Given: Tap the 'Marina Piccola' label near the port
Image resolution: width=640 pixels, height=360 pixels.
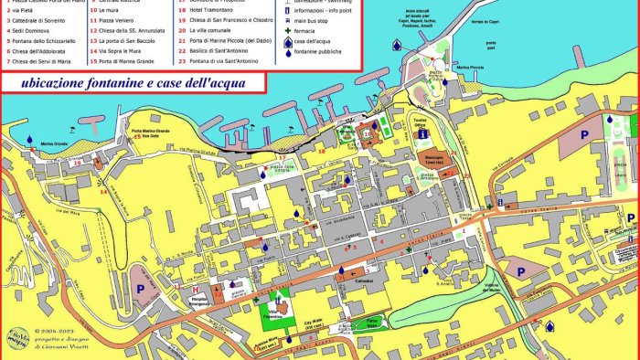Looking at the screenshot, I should pyautogui.click(x=469, y=67).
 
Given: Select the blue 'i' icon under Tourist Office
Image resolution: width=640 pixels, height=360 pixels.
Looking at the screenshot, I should pyautogui.click(x=422, y=133).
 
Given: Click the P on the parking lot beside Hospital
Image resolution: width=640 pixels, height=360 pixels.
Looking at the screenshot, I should pyautogui.click(x=141, y=286).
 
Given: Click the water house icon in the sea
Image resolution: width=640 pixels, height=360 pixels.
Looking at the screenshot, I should pyautogui.click(x=396, y=44).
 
